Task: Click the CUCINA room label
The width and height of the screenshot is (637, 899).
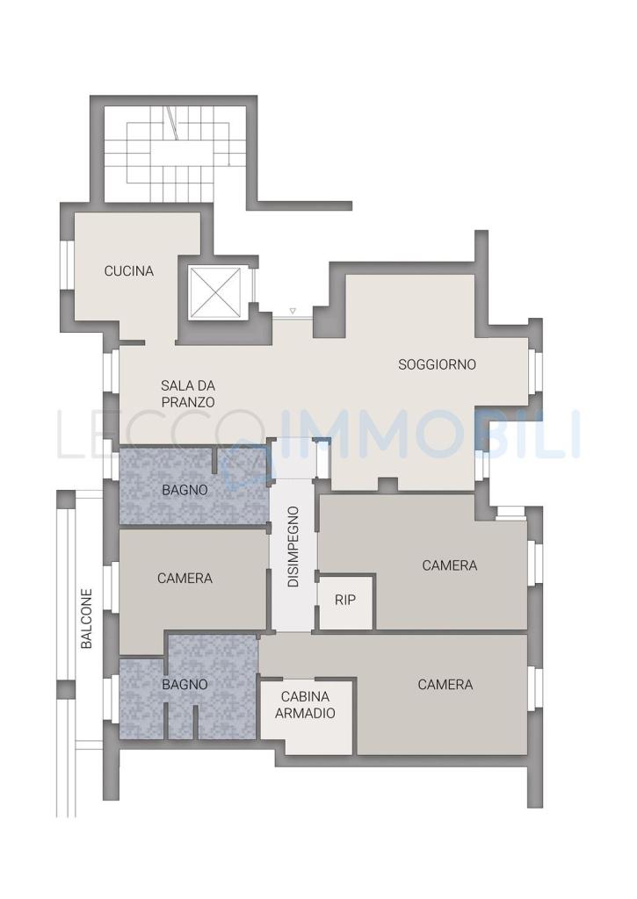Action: tap(129, 270)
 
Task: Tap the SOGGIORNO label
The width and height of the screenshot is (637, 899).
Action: tap(438, 364)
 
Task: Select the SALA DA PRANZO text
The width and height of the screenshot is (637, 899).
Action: tap(188, 394)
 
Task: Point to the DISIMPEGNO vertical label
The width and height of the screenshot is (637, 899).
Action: tap(293, 546)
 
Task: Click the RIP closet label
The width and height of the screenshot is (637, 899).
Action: tap(345, 600)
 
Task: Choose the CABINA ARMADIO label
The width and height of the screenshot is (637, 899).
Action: tap(305, 705)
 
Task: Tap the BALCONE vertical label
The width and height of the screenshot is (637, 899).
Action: tap(87, 619)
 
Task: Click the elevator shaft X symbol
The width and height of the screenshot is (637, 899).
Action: tap(216, 292)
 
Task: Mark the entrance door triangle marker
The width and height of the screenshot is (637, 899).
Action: tap(293, 312)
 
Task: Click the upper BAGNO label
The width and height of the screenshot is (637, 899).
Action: tap(185, 490)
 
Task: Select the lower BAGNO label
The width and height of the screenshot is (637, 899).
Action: tap(185, 685)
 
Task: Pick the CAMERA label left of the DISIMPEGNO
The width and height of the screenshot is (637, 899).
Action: tap(185, 579)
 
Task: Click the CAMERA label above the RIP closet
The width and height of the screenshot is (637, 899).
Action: tap(449, 565)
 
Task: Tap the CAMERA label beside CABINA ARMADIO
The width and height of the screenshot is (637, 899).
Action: tap(445, 685)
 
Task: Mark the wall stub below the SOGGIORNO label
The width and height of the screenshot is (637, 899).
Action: tap(388, 485)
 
